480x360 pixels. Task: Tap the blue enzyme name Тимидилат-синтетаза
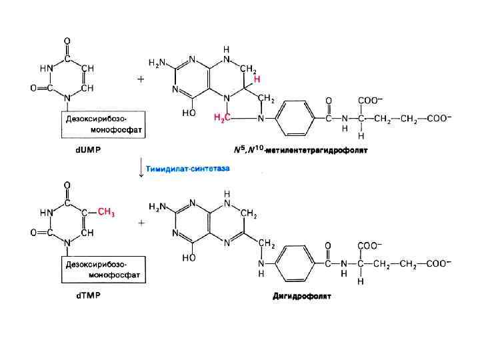coord(188,170)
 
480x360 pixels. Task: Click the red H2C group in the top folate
coord(221,118)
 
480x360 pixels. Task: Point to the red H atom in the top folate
coord(257,79)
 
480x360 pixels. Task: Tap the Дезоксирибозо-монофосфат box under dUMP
coord(103,124)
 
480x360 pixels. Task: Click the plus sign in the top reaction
coord(141,79)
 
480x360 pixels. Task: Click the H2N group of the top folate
coord(157,63)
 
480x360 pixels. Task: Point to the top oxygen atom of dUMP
coord(67,42)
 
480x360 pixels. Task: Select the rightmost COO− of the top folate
coord(437,119)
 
